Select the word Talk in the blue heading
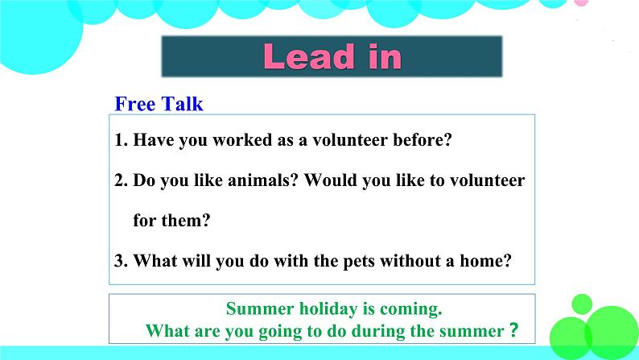coord(182,104)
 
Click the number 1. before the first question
coord(122,140)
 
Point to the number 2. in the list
coord(122,180)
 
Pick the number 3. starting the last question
coord(122,261)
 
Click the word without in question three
coord(410,261)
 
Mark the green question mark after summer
coord(514,329)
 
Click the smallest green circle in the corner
coord(582,304)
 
